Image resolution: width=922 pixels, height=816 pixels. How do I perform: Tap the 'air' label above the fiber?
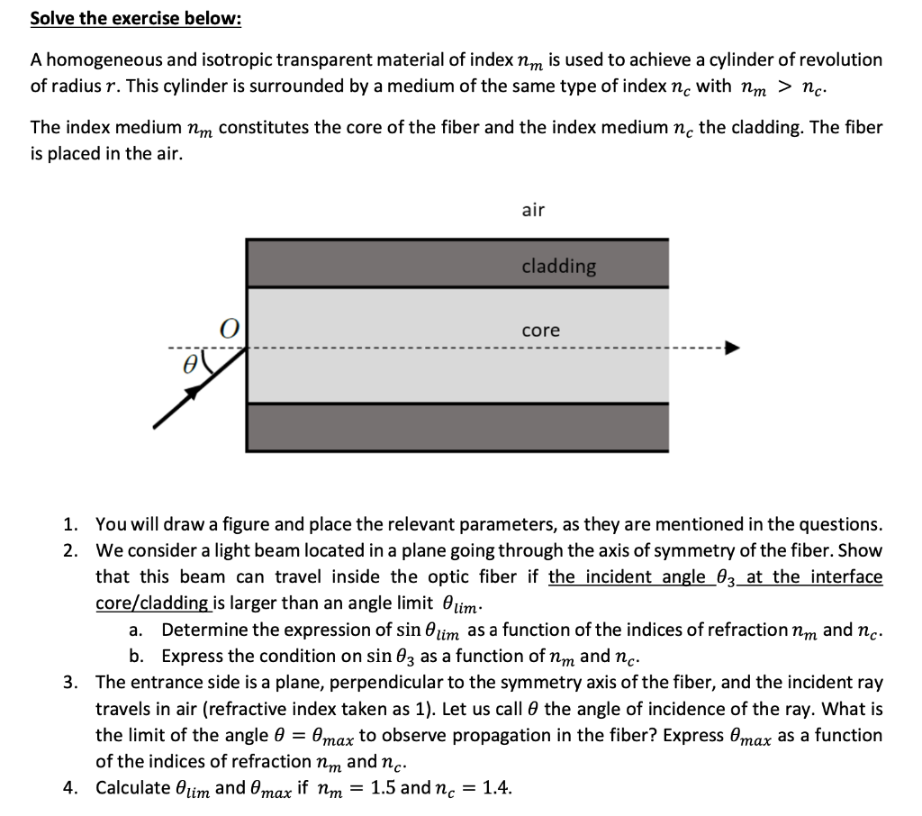[533, 210]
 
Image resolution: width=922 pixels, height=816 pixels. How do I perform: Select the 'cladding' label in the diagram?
[558, 266]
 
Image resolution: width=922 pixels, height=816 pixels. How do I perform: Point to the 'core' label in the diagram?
[540, 331]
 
